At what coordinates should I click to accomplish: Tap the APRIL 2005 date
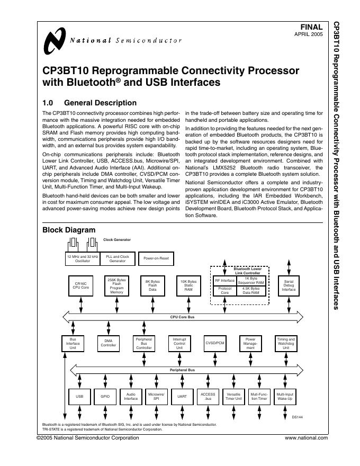[308, 34]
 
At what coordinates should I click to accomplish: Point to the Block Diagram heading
[69, 230]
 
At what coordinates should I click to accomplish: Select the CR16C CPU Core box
[80, 286]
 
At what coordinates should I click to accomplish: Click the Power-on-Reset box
[156, 258]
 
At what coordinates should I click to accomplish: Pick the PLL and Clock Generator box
[118, 258]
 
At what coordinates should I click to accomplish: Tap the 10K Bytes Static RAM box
[188, 286]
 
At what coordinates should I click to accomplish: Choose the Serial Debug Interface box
[289, 286]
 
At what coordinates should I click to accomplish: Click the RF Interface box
[224, 280]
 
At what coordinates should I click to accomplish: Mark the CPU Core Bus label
[182, 317]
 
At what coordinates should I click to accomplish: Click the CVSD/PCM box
[215, 343]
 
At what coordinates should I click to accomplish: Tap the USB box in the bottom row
[80, 396]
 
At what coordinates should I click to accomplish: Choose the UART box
[182, 396]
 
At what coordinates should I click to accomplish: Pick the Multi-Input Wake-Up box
[285, 396]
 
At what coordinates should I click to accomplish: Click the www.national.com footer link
[306, 438]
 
